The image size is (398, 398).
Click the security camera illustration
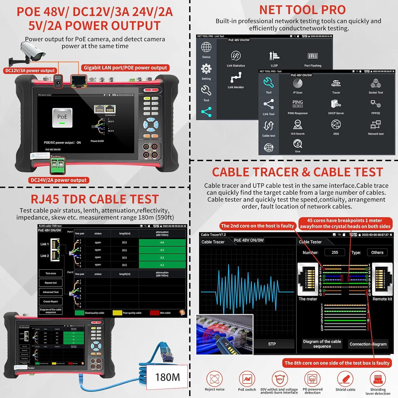tap(32, 53)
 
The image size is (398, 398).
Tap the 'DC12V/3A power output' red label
tap(30, 71)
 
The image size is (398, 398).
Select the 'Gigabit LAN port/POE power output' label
tap(125, 68)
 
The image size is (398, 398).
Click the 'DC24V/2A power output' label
tap(59, 180)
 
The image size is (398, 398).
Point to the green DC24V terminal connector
tap(58, 166)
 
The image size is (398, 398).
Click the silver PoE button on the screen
tap(62, 118)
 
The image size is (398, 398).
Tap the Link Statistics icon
tap(236, 56)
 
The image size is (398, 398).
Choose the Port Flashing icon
tap(313, 56)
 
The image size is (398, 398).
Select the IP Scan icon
tap(297, 84)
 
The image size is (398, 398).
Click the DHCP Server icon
tap(336, 104)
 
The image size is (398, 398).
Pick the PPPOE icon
tap(376, 104)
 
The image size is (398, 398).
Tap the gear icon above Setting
tap(206, 69)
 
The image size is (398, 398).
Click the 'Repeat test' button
tap(51, 283)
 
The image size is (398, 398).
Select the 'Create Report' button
tap(51, 301)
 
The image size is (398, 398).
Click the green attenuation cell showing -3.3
tap(162, 258)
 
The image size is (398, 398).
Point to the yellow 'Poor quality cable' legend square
tap(117, 313)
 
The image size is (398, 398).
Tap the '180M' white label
tap(167, 377)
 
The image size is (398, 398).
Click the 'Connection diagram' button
tap(368, 344)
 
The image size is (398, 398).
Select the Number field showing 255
tap(335, 252)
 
